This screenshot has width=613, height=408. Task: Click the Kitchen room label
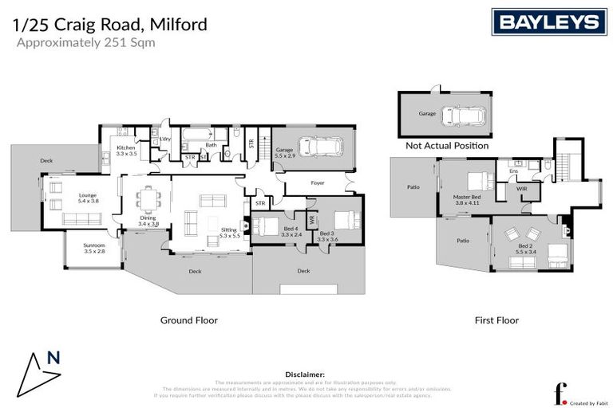pyautogui.click(x=126, y=151)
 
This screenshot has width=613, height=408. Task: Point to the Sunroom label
pyautogui.click(x=94, y=248)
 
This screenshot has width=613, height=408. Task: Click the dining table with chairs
pyautogui.click(x=148, y=195)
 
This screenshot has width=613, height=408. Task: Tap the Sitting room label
pyautogui.click(x=229, y=232)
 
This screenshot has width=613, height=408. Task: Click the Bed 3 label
pyautogui.click(x=328, y=235)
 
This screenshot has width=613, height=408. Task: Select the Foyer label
pyautogui.click(x=318, y=183)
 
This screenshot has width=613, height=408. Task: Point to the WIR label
pyautogui.click(x=521, y=189)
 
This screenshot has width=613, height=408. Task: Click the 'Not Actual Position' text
pyautogui.click(x=447, y=146)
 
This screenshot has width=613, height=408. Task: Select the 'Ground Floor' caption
pyautogui.click(x=189, y=320)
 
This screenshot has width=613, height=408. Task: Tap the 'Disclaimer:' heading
pyautogui.click(x=305, y=374)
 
